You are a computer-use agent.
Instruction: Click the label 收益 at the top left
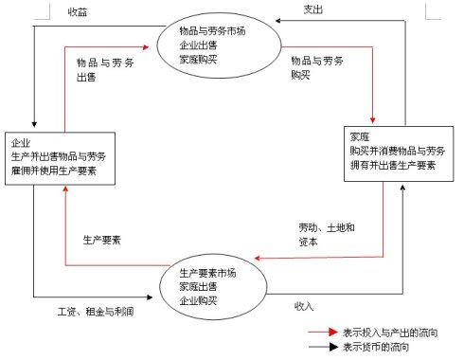tap(79, 13)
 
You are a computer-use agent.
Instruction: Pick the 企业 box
tap(62, 154)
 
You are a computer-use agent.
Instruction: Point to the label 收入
tap(304, 305)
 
